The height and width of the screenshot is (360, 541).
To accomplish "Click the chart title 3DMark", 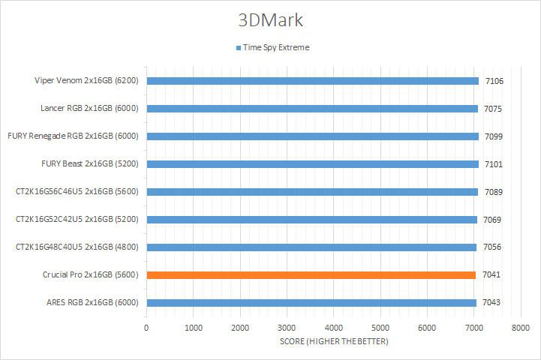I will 270,18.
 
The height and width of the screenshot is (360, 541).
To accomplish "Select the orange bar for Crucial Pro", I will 311,275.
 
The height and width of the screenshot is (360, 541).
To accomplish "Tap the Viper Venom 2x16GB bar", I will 312,81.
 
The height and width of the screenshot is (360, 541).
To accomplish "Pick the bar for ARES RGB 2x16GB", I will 311,303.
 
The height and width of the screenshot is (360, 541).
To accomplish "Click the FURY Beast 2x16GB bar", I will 312,164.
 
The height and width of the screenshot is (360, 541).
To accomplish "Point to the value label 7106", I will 493,81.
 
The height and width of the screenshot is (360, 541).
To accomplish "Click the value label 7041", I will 493,275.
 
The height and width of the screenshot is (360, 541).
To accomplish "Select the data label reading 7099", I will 493,136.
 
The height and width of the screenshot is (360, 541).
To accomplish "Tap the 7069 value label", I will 493,220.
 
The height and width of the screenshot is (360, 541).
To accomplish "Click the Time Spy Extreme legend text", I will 275,47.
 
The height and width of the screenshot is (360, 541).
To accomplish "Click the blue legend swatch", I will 238,47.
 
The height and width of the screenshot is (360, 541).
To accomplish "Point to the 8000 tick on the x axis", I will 520,328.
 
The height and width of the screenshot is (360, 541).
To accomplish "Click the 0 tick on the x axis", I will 146,328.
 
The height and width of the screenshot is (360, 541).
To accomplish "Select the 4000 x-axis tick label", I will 333,328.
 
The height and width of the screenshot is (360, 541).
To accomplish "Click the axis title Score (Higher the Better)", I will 332,342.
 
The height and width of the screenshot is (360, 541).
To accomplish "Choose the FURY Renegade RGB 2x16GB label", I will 77,136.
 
